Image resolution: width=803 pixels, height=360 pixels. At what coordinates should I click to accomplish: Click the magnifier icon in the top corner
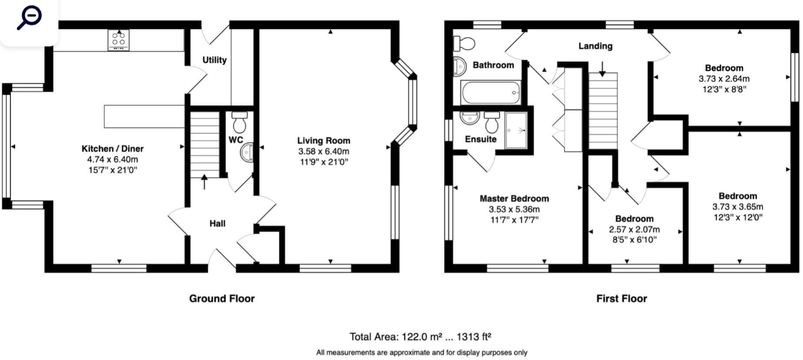pos(29,18)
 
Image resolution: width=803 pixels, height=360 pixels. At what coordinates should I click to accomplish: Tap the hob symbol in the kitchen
pos(118,39)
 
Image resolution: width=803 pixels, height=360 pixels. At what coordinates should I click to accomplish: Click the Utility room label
pos(214,60)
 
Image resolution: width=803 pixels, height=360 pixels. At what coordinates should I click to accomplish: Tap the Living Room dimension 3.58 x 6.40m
pos(324,151)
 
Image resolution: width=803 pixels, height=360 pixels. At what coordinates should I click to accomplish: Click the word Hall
pos(217,223)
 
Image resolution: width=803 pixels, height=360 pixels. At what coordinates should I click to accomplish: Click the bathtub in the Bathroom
pos(490,92)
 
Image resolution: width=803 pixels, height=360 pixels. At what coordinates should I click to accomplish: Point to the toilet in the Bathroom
pos(466,43)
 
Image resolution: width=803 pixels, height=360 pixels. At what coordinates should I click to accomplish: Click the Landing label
pos(596,46)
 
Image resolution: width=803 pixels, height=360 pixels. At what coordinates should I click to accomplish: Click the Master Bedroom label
pos(514,199)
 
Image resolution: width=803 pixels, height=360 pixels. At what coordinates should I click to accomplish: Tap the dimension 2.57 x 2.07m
pos(636,229)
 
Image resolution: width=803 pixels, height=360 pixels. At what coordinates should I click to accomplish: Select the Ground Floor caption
pos(221,299)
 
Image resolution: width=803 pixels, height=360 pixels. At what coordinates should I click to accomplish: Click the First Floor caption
pos(621,299)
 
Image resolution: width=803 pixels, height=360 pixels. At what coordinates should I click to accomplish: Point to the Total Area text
pos(420,336)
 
